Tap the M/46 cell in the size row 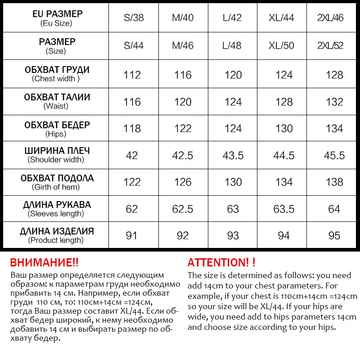pyautogui.click(x=182, y=46)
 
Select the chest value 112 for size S pyautogui.click(x=132, y=75)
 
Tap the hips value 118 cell pyautogui.click(x=132, y=129)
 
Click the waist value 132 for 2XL pyautogui.click(x=334, y=102)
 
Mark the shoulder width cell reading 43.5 pyautogui.click(x=233, y=155)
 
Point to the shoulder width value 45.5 pyautogui.click(x=334, y=155)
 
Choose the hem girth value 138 pyautogui.click(x=334, y=182)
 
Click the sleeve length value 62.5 pyautogui.click(x=183, y=209)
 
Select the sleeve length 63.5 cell pyautogui.click(x=284, y=209)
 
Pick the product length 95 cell pyautogui.click(x=334, y=235)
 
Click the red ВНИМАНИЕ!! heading pyautogui.click(x=44, y=262)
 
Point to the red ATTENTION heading pyautogui.click(x=221, y=262)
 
